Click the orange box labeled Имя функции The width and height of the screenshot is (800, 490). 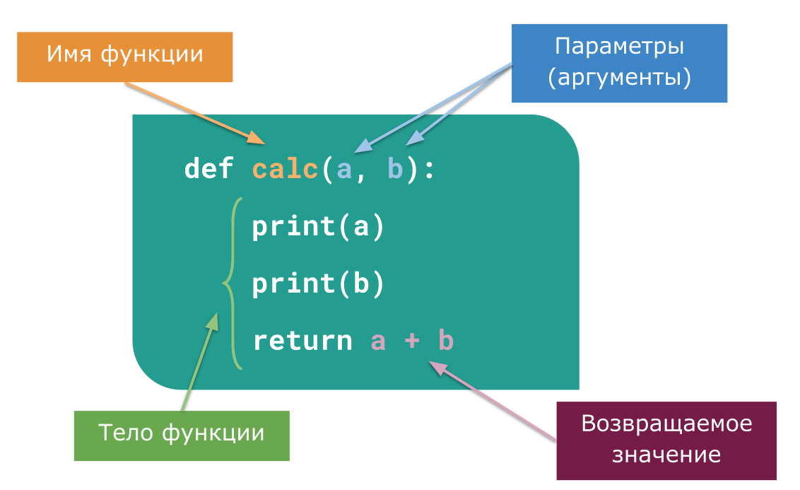pyautogui.click(x=124, y=57)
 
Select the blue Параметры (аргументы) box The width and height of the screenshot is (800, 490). pyautogui.click(x=619, y=63)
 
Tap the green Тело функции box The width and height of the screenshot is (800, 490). pyautogui.click(x=182, y=433)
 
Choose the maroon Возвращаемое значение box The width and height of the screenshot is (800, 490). pyautogui.click(x=666, y=441)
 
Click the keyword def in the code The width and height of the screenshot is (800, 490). pyautogui.click(x=208, y=169)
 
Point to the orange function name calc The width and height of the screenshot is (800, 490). pyautogui.click(x=285, y=170)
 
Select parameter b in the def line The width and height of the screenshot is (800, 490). pyautogui.click(x=395, y=170)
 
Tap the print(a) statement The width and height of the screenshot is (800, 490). pyautogui.click(x=318, y=227)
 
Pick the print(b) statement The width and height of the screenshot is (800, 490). pyautogui.click(x=318, y=284)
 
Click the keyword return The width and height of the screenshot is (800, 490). pyautogui.click(x=302, y=342)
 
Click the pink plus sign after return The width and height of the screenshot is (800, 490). pyautogui.click(x=412, y=342)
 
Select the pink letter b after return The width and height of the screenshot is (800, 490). pyautogui.click(x=445, y=341)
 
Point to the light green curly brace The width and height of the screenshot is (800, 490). pyautogui.click(x=233, y=284)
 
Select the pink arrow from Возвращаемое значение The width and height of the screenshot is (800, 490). pyautogui.click(x=495, y=402)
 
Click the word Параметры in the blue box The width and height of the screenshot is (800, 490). pyautogui.click(x=619, y=47)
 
